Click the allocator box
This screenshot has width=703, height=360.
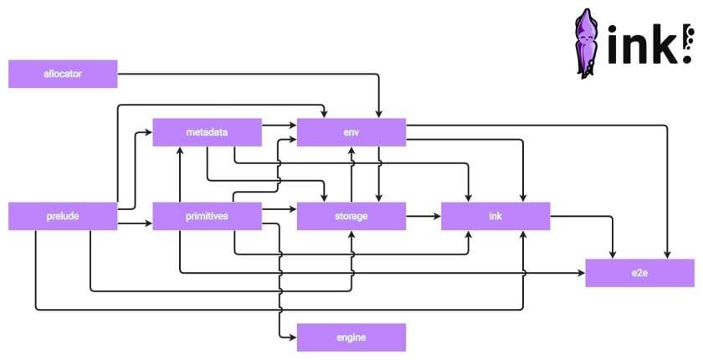coord(63,74)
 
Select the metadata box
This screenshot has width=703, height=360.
coord(208,132)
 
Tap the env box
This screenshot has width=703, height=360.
coord(351,132)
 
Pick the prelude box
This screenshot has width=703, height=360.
coord(63,216)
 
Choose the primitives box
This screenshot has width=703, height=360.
coord(208,216)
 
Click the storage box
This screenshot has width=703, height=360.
coord(351,216)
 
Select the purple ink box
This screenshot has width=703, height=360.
coord(495,216)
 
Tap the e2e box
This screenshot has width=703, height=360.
coord(639,273)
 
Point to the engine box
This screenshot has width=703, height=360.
coord(351,337)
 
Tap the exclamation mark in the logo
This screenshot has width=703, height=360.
coord(686,44)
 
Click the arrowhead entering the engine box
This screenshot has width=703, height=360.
coord(293,337)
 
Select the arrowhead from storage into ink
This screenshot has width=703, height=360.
coord(437,216)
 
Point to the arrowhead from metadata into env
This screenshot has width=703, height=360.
coord(293,126)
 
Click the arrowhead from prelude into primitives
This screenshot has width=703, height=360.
coord(149,223)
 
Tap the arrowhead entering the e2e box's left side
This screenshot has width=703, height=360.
coord(582,273)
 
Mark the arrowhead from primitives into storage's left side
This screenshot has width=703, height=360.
coord(293,209)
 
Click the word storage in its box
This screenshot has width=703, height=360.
coord(351,217)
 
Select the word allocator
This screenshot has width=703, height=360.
coord(63,74)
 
